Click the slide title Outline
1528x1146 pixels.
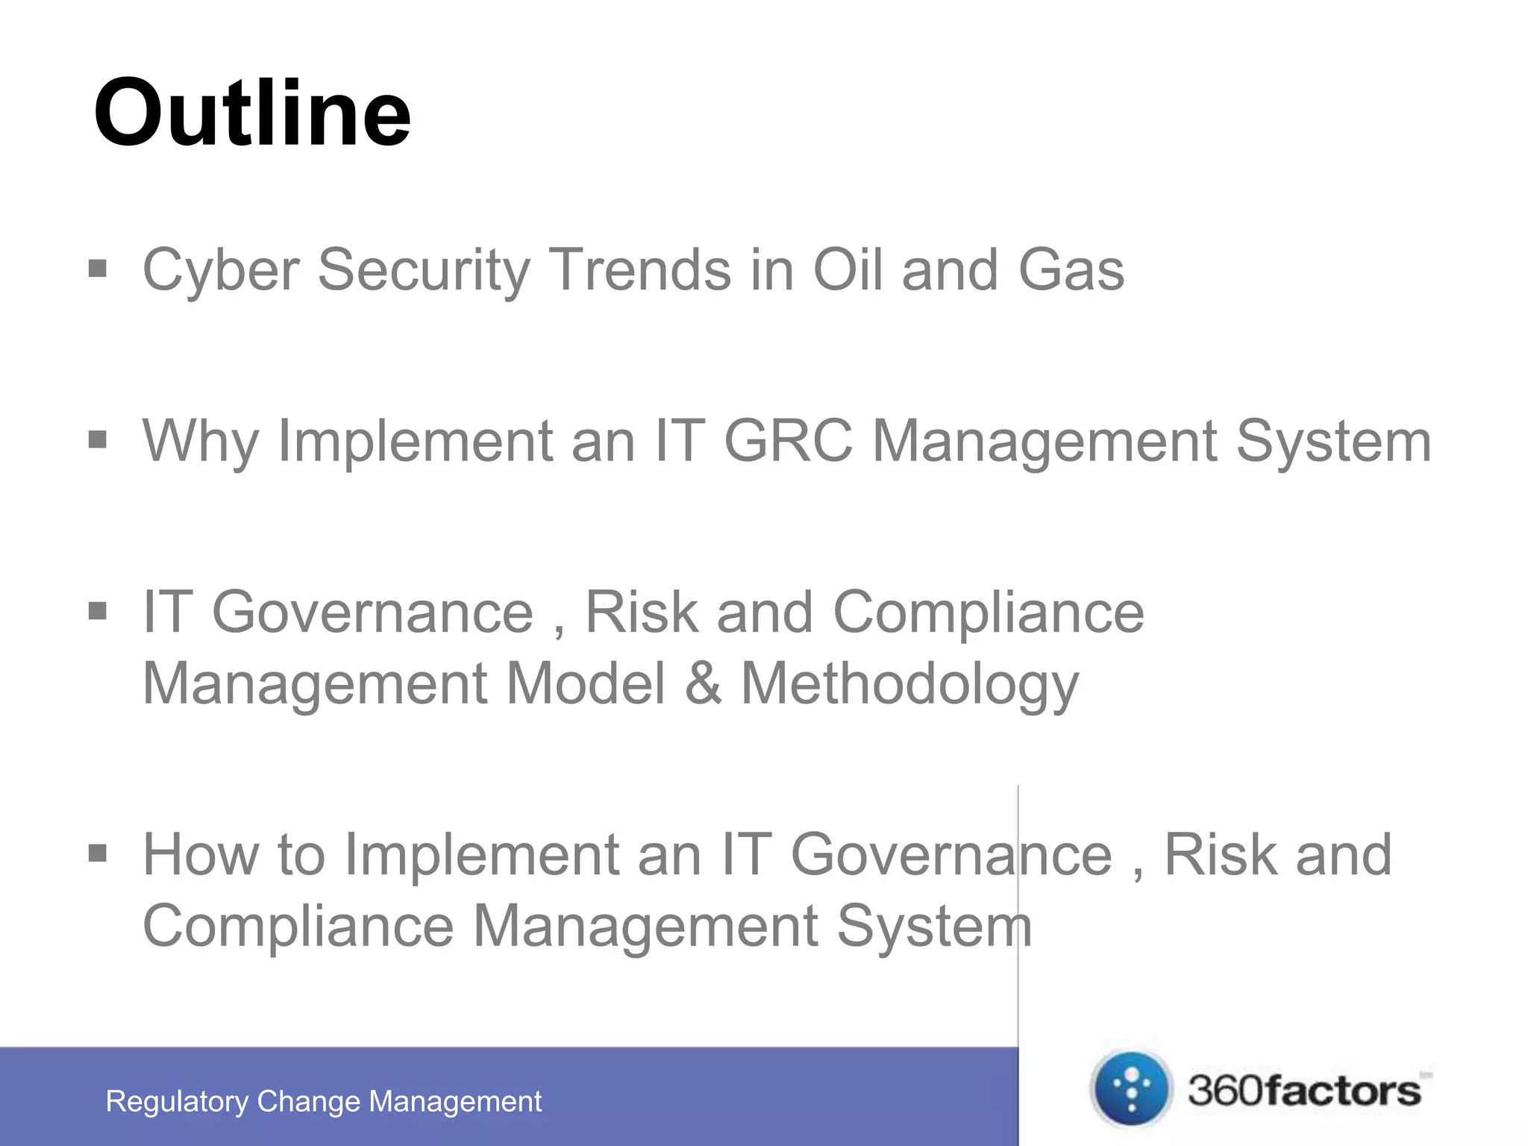[x=252, y=113]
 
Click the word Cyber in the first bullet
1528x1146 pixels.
[x=221, y=270]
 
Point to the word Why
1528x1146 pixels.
[x=200, y=442]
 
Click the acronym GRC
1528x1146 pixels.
[x=788, y=440]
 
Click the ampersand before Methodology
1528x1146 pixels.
[x=703, y=683]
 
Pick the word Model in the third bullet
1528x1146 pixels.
[x=585, y=683]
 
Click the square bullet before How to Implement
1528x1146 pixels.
[x=98, y=853]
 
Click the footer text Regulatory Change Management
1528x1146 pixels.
[x=324, y=1101]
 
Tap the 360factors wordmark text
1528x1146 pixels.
[x=1304, y=1091]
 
